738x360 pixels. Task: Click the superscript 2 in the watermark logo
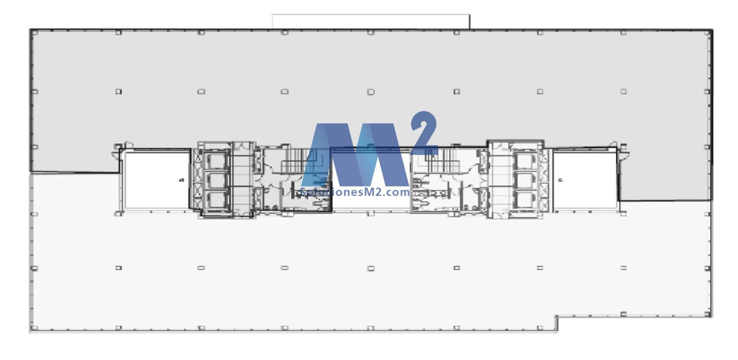click(x=424, y=133)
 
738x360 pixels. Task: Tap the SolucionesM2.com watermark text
click(x=355, y=192)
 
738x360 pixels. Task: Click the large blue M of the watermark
click(x=355, y=155)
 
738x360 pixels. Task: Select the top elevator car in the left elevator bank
click(x=216, y=161)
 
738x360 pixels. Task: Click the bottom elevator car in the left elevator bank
click(x=216, y=199)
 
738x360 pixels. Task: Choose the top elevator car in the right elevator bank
click(x=525, y=161)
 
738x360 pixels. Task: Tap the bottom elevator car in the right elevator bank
click(x=525, y=199)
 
